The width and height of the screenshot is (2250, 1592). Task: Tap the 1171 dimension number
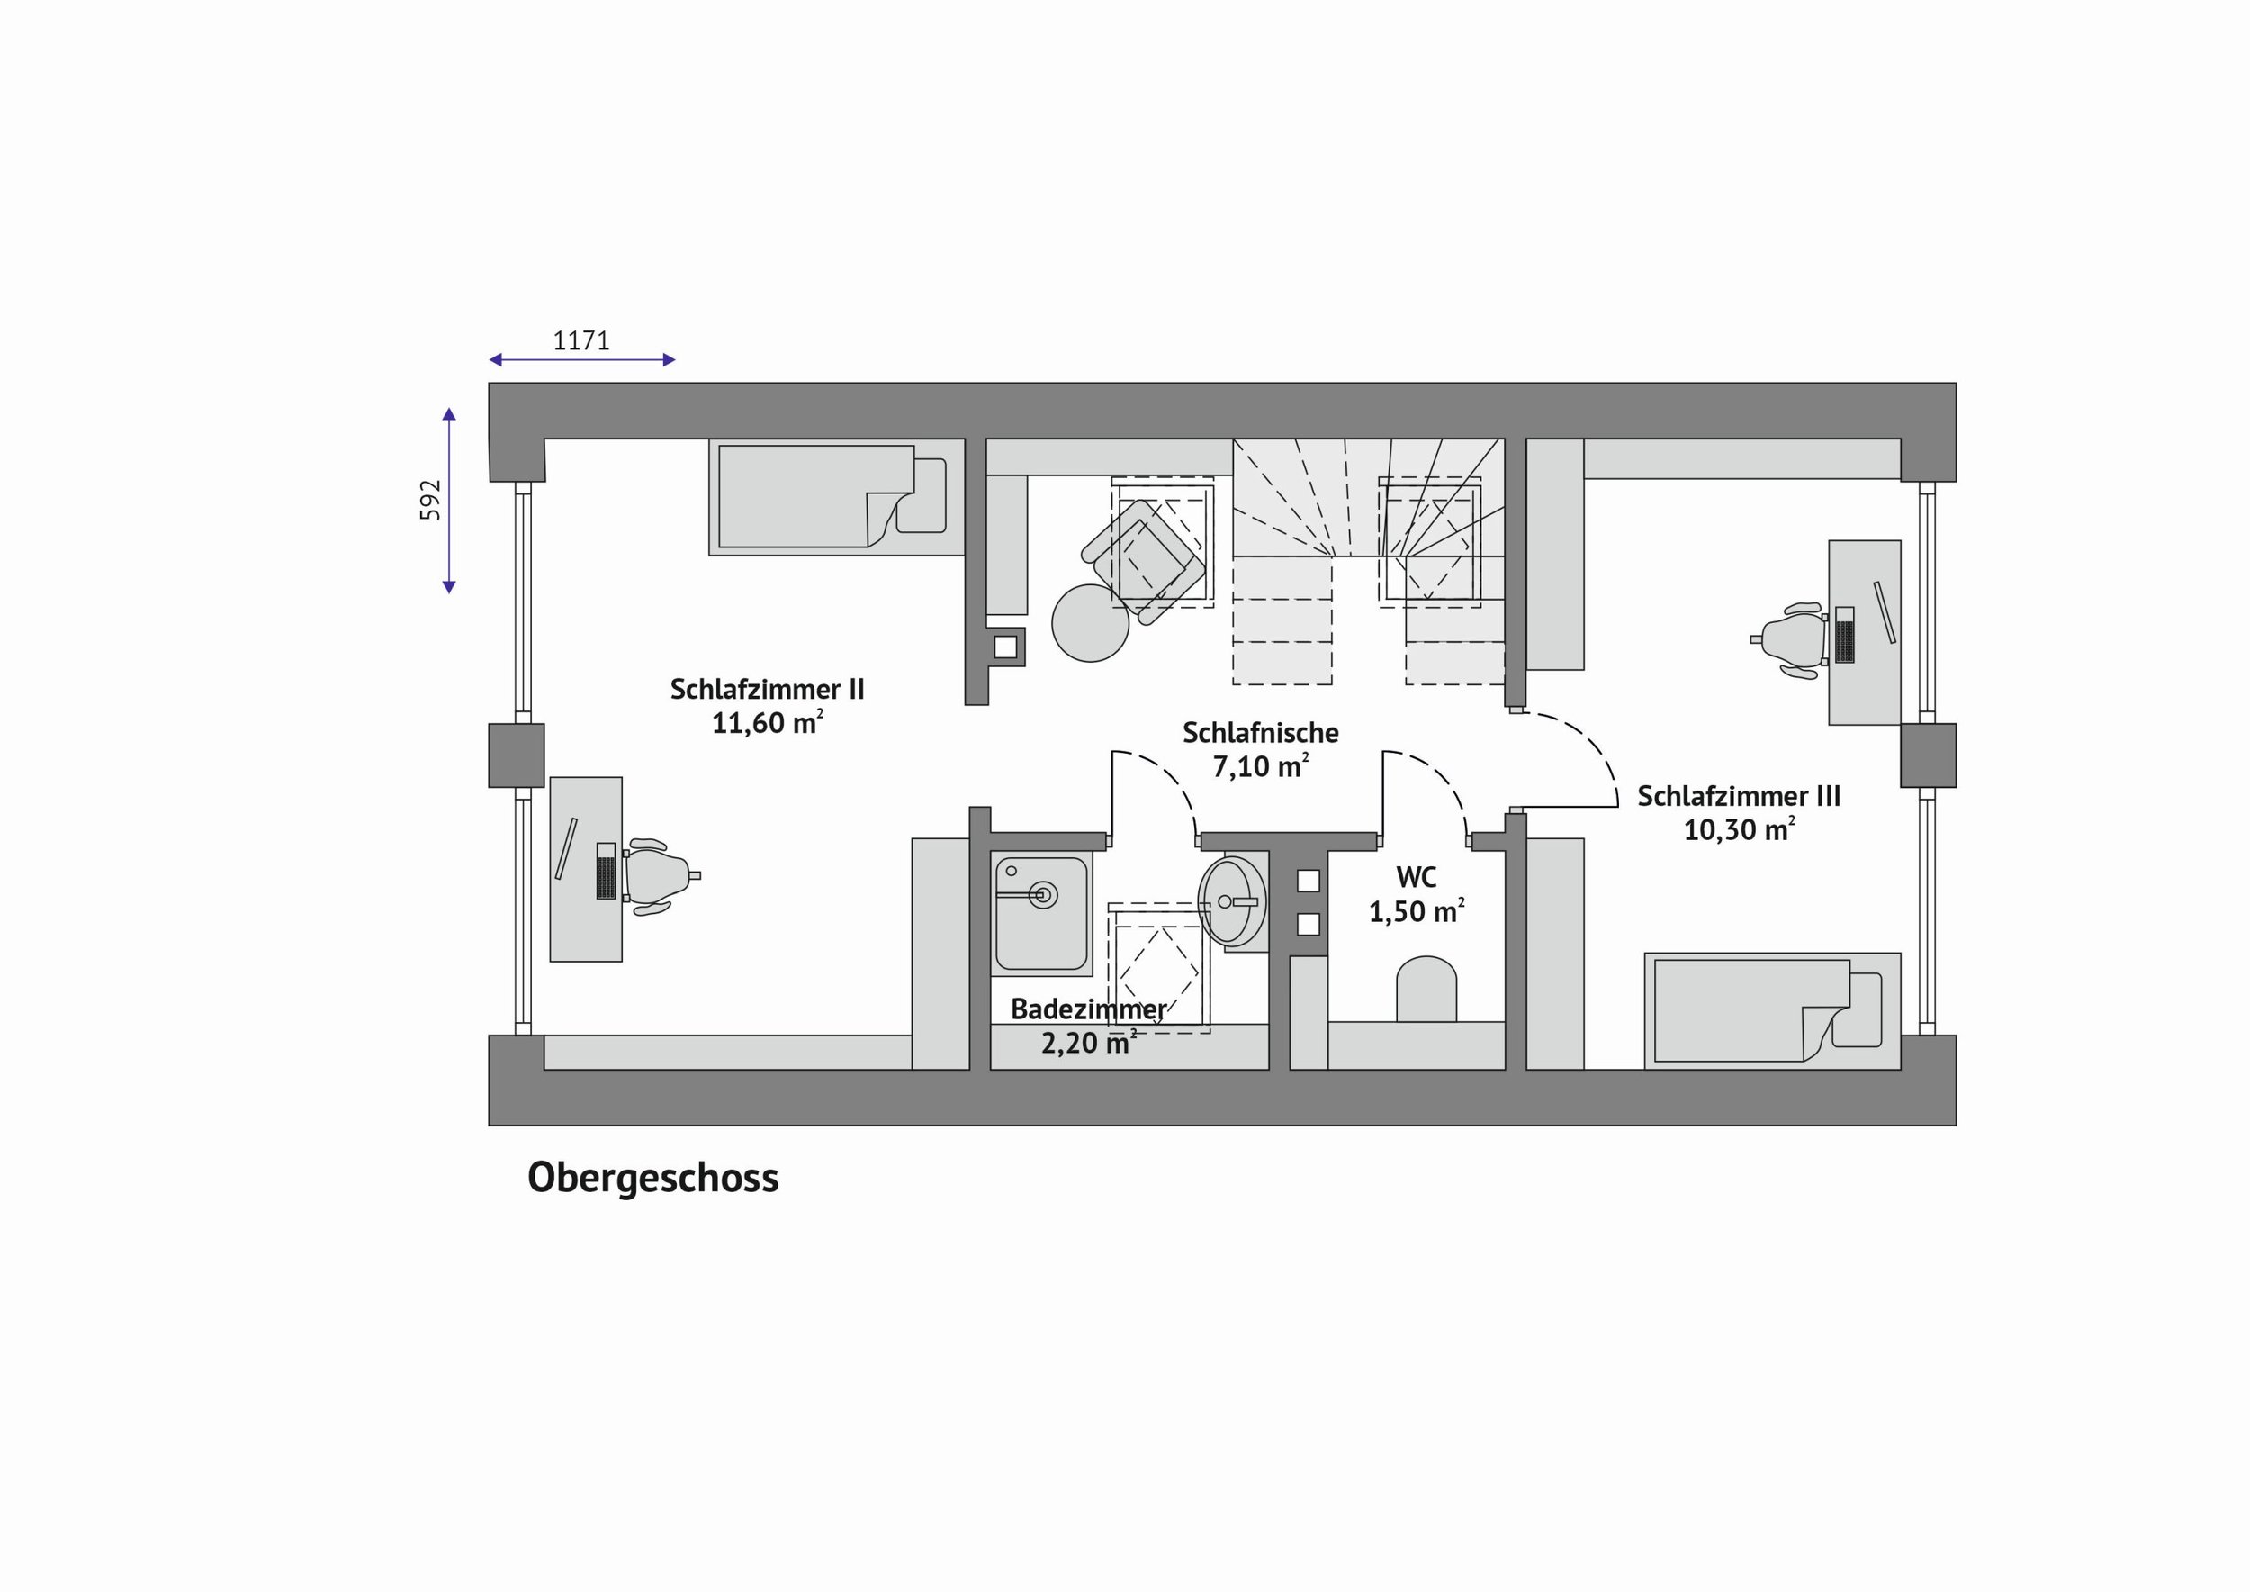pos(581,341)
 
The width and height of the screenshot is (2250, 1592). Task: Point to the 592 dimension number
pos(431,500)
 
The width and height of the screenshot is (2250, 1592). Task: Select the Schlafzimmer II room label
pos(768,689)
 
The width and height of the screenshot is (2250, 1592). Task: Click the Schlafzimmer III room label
pos(1739,796)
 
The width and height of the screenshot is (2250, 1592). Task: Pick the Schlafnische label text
pos(1260,732)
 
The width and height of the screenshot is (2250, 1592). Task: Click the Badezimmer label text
pos(1089,1009)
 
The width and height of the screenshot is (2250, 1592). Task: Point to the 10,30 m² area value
pos(1739,829)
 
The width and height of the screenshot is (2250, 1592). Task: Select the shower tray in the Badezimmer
pos(1041,914)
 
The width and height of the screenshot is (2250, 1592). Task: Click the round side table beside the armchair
pos(1090,622)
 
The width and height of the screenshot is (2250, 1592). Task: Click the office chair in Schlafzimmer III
pos(1791,640)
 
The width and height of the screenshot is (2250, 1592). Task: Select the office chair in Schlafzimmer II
pos(659,876)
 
